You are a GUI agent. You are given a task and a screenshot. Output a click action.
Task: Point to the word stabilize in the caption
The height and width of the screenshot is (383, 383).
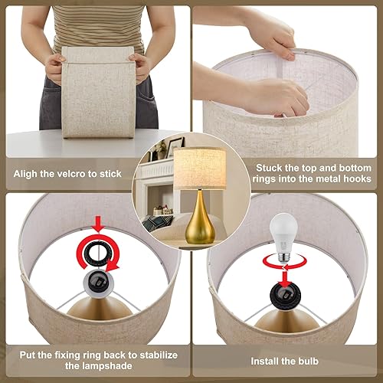coord(155,353)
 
